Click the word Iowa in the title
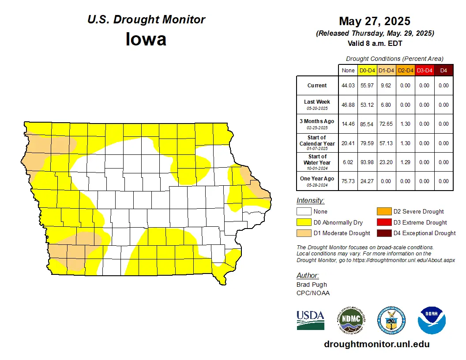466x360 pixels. pyautogui.click(x=146, y=39)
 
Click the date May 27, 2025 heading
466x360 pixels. pyautogui.click(x=374, y=21)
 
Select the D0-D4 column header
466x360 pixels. pyautogui.click(x=367, y=70)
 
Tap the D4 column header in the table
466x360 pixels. pyautogui.click(x=443, y=70)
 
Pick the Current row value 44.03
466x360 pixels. pyautogui.click(x=348, y=86)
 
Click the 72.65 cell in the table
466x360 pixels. pyautogui.click(x=386, y=124)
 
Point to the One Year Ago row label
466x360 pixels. pyautogui.click(x=317, y=179)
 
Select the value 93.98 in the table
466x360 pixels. pyautogui.click(x=367, y=162)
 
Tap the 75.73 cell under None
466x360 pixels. pyautogui.click(x=348, y=181)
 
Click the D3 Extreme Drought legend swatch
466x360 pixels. pyautogui.click(x=383, y=222)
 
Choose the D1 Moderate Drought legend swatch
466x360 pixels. pyautogui.click(x=303, y=233)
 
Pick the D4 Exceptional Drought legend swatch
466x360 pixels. pyautogui.click(x=383, y=233)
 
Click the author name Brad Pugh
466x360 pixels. pyautogui.click(x=312, y=285)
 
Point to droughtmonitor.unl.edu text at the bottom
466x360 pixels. pyautogui.click(x=376, y=344)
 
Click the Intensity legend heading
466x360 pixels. pyautogui.click(x=310, y=201)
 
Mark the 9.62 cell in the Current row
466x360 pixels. pyautogui.click(x=386, y=86)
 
